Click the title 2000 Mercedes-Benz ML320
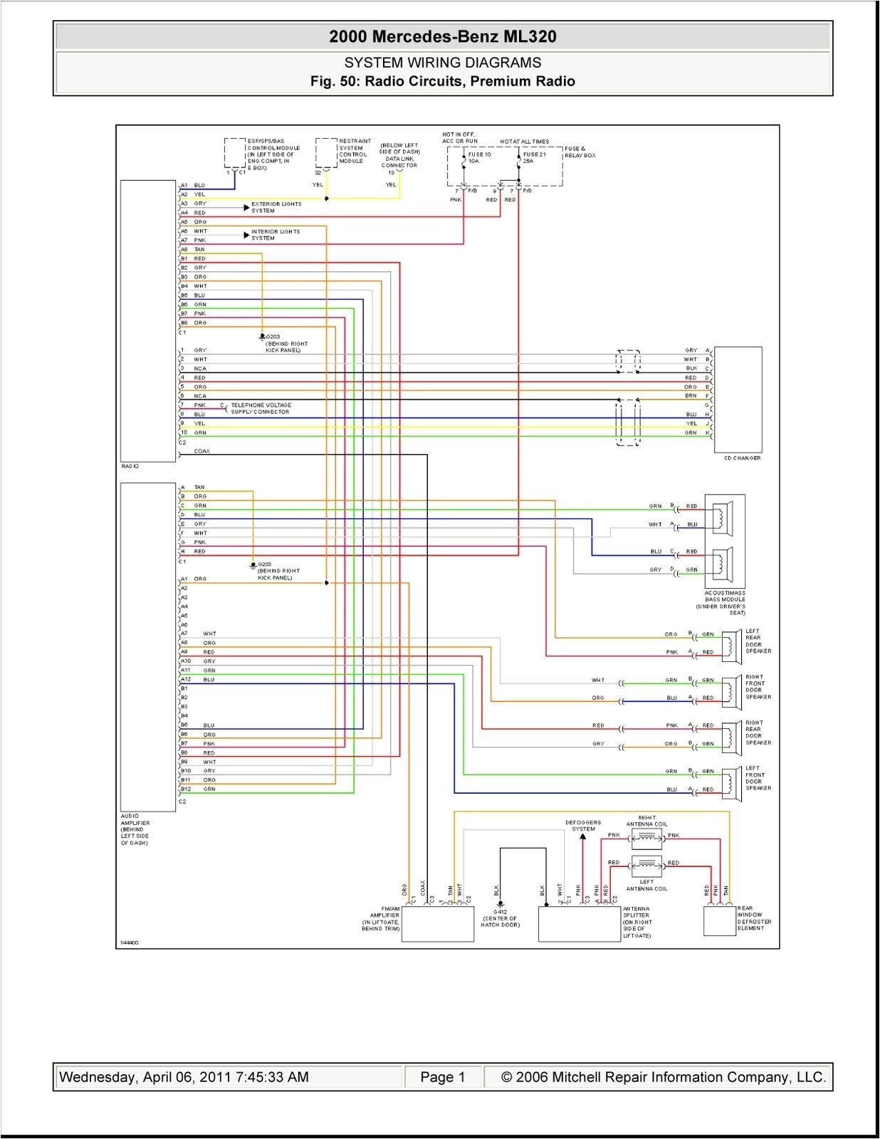click(x=442, y=37)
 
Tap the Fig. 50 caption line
click(x=442, y=81)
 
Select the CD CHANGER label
click(x=742, y=458)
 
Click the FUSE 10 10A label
click(x=479, y=157)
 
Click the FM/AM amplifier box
click(x=437, y=924)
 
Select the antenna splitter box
click(x=579, y=924)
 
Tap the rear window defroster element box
click(x=719, y=921)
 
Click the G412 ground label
click(x=500, y=918)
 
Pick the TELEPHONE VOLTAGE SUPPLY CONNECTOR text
click(x=261, y=408)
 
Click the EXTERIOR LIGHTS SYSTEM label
click(x=276, y=207)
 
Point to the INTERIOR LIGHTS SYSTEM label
click(x=275, y=235)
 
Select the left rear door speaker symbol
click(x=731, y=644)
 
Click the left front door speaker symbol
click(x=731, y=781)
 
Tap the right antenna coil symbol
click(x=646, y=838)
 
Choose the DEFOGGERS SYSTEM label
click(x=583, y=825)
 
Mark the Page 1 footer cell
click(x=442, y=1077)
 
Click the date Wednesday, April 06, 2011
click(x=183, y=1077)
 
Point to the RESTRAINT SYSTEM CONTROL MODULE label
click(x=354, y=151)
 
